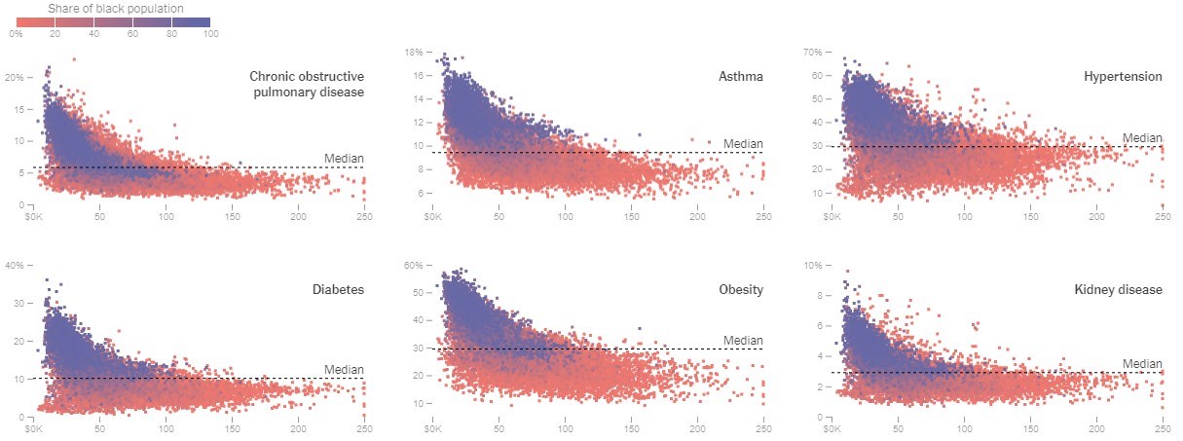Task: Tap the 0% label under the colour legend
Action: pyautogui.click(x=17, y=34)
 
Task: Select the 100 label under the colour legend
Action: pyautogui.click(x=210, y=34)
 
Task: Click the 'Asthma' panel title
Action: pyautogui.click(x=741, y=76)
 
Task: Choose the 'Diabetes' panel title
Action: pyautogui.click(x=338, y=289)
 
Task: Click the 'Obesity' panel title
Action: pyautogui.click(x=741, y=289)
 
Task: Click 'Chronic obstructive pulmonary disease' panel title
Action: pyautogui.click(x=306, y=84)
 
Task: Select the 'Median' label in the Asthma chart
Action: pyautogui.click(x=743, y=144)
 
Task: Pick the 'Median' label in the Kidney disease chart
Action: pyautogui.click(x=1142, y=363)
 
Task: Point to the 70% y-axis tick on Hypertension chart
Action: pyautogui.click(x=811, y=52)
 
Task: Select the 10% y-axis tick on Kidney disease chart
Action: pyautogui.click(x=811, y=265)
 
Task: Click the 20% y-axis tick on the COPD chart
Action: pyautogui.click(x=14, y=76)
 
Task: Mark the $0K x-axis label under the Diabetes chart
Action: pyautogui.click(x=33, y=427)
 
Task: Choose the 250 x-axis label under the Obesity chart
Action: pyautogui.click(x=764, y=427)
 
